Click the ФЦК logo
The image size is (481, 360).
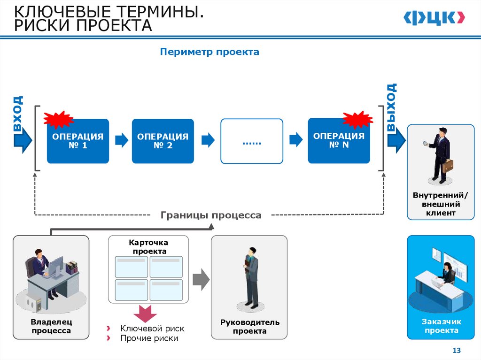click(434, 18)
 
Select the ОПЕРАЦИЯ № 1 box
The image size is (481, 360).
click(78, 141)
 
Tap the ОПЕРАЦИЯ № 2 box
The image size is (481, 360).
click(163, 141)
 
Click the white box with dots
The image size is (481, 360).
click(252, 141)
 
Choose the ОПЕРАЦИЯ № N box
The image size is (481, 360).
click(339, 140)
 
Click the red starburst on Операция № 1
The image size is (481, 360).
click(58, 120)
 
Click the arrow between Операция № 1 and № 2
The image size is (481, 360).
click(121, 139)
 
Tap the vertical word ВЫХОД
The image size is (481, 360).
click(391, 107)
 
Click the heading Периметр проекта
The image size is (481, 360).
click(209, 52)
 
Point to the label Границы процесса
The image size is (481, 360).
click(211, 215)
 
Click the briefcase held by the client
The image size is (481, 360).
click(448, 165)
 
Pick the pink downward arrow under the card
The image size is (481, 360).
click(144, 313)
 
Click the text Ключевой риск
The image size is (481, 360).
click(152, 329)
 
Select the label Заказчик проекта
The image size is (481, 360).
click(442, 326)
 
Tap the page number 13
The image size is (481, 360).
click(456, 351)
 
